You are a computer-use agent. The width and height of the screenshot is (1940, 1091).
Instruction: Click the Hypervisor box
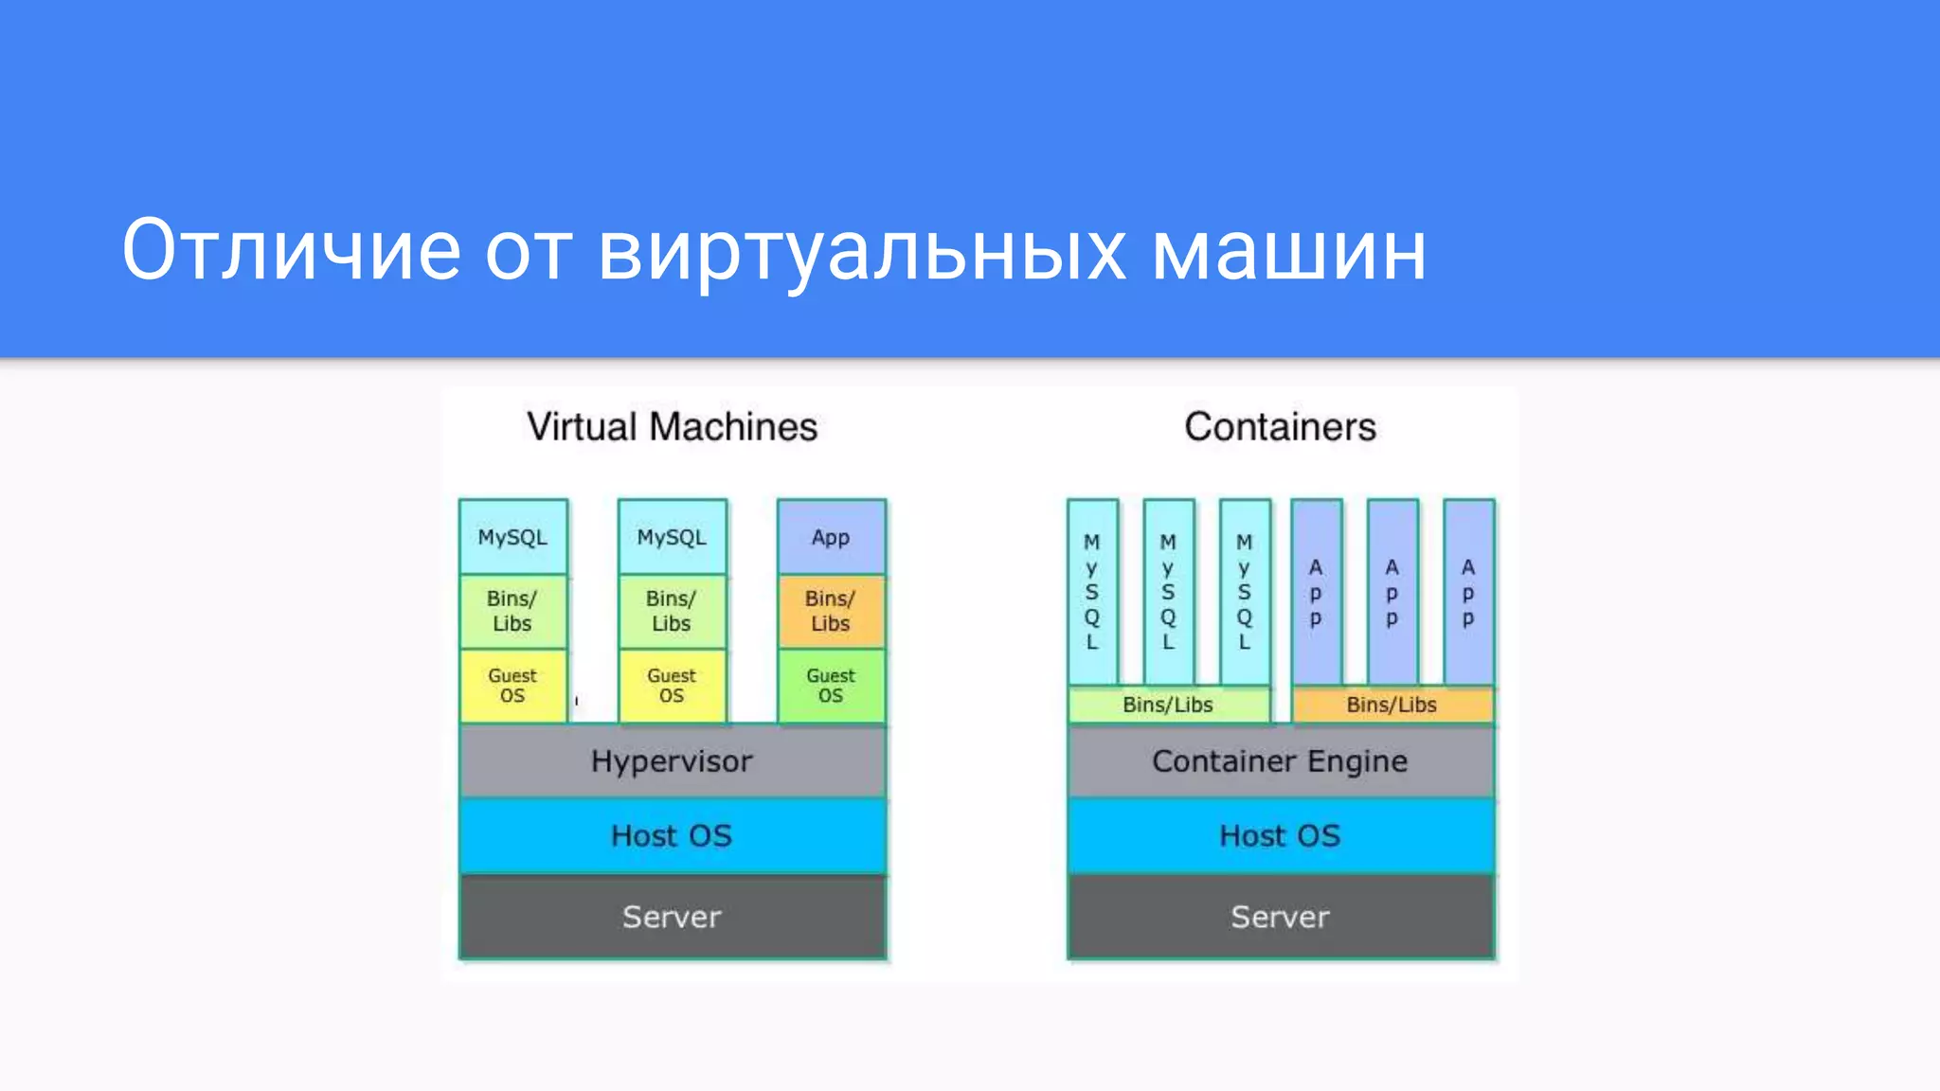tap(672, 761)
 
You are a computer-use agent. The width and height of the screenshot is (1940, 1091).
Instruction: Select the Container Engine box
tap(1280, 761)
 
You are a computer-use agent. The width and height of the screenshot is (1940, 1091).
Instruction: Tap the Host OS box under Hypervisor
tap(672, 835)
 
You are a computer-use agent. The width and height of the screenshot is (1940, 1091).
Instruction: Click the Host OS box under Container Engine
tap(1280, 835)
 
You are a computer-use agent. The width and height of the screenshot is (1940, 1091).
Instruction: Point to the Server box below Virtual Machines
tap(672, 917)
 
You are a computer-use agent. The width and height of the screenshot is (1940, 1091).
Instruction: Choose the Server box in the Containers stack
tap(1280, 917)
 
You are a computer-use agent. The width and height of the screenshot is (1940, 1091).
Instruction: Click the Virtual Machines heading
tap(672, 427)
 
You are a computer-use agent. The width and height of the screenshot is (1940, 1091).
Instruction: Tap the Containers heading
tap(1280, 427)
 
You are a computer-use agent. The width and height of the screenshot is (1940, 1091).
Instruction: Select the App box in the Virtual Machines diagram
tap(831, 537)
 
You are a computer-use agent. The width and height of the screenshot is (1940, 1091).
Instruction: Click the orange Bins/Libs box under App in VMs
tap(831, 611)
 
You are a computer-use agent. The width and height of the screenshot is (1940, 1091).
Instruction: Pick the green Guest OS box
tap(831, 686)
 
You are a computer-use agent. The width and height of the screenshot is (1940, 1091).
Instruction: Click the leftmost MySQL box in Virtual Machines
tap(512, 537)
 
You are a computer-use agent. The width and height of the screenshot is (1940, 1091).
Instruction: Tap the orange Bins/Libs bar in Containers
tap(1392, 705)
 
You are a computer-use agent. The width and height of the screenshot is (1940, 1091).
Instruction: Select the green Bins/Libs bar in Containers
tap(1168, 705)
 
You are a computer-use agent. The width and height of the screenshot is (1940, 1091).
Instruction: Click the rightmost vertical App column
tap(1468, 592)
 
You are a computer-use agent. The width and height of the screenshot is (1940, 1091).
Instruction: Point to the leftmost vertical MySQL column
tap(1092, 592)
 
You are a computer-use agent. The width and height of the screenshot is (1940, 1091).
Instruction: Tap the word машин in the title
tap(1289, 252)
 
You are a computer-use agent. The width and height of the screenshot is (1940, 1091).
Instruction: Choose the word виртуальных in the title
tap(862, 252)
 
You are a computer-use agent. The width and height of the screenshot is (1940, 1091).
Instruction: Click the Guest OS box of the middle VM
tap(672, 686)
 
